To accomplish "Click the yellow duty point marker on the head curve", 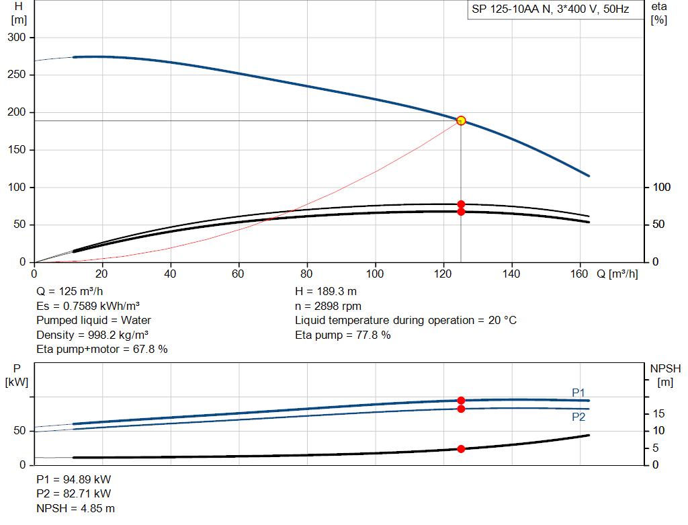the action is [461, 121].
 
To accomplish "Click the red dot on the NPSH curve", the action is [461, 449].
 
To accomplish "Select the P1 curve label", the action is [578, 393].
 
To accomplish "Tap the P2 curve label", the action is [578, 417].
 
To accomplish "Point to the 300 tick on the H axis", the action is [17, 38].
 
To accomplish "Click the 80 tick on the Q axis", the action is [306, 274].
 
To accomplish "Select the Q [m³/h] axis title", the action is [617, 274].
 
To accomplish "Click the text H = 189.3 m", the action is [326, 292].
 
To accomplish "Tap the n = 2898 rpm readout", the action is [328, 306].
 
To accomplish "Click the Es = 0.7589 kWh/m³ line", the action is [88, 306].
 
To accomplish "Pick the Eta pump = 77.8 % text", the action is [343, 335].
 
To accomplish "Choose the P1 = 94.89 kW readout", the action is [74, 479].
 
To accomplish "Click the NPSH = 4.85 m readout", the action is [75, 508].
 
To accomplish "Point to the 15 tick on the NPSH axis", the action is [658, 413].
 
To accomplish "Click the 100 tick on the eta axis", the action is [662, 187].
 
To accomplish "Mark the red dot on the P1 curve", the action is [461, 401].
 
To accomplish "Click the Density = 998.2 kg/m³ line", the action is [92, 335].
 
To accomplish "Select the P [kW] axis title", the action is [17, 375].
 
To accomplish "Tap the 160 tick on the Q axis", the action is [578, 274].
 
